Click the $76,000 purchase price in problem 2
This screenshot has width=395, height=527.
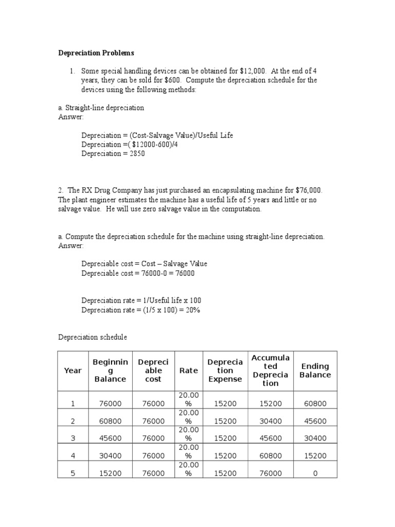coord(309,190)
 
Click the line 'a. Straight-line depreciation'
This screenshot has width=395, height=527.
coord(101,108)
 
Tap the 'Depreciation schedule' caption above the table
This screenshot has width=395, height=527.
coord(92,337)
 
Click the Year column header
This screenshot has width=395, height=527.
coord(73,371)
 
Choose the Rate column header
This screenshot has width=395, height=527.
coord(188,371)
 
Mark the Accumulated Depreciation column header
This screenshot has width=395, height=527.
coord(271,371)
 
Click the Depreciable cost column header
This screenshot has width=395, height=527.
coord(153,371)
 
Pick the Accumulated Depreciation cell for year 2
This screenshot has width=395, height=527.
coord(271,421)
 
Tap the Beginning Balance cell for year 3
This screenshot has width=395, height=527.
coord(110,438)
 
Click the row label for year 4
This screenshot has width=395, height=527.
coord(73,456)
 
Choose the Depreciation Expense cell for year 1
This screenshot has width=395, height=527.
coord(224,404)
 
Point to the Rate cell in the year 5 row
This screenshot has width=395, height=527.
coord(188,469)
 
